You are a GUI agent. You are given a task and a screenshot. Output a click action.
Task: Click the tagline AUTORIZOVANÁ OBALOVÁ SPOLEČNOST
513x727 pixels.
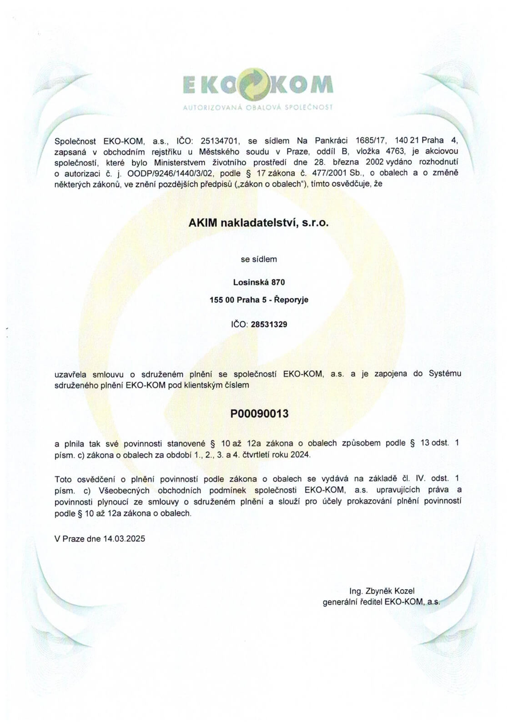click(257, 108)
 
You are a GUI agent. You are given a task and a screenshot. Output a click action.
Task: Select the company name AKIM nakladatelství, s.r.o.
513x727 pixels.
click(258, 223)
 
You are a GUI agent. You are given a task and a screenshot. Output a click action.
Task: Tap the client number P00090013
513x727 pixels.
click(259, 414)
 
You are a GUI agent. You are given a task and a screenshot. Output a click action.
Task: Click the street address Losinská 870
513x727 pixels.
click(259, 282)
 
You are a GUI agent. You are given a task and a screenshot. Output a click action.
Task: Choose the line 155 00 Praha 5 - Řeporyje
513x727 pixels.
click(259, 300)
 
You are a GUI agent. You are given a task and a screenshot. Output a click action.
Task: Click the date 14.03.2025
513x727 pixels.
click(124, 539)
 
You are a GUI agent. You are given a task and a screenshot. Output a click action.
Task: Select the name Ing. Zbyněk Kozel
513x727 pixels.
click(382, 591)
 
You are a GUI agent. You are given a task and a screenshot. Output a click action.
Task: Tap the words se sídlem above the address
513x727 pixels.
click(258, 259)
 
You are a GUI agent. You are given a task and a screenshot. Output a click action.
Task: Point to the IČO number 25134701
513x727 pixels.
click(220, 141)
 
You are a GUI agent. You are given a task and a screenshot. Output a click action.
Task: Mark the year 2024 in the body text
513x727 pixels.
click(301, 455)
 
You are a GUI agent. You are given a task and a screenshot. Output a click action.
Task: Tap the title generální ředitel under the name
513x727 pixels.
click(352, 602)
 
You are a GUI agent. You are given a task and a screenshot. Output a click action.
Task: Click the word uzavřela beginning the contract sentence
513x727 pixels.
click(70, 374)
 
